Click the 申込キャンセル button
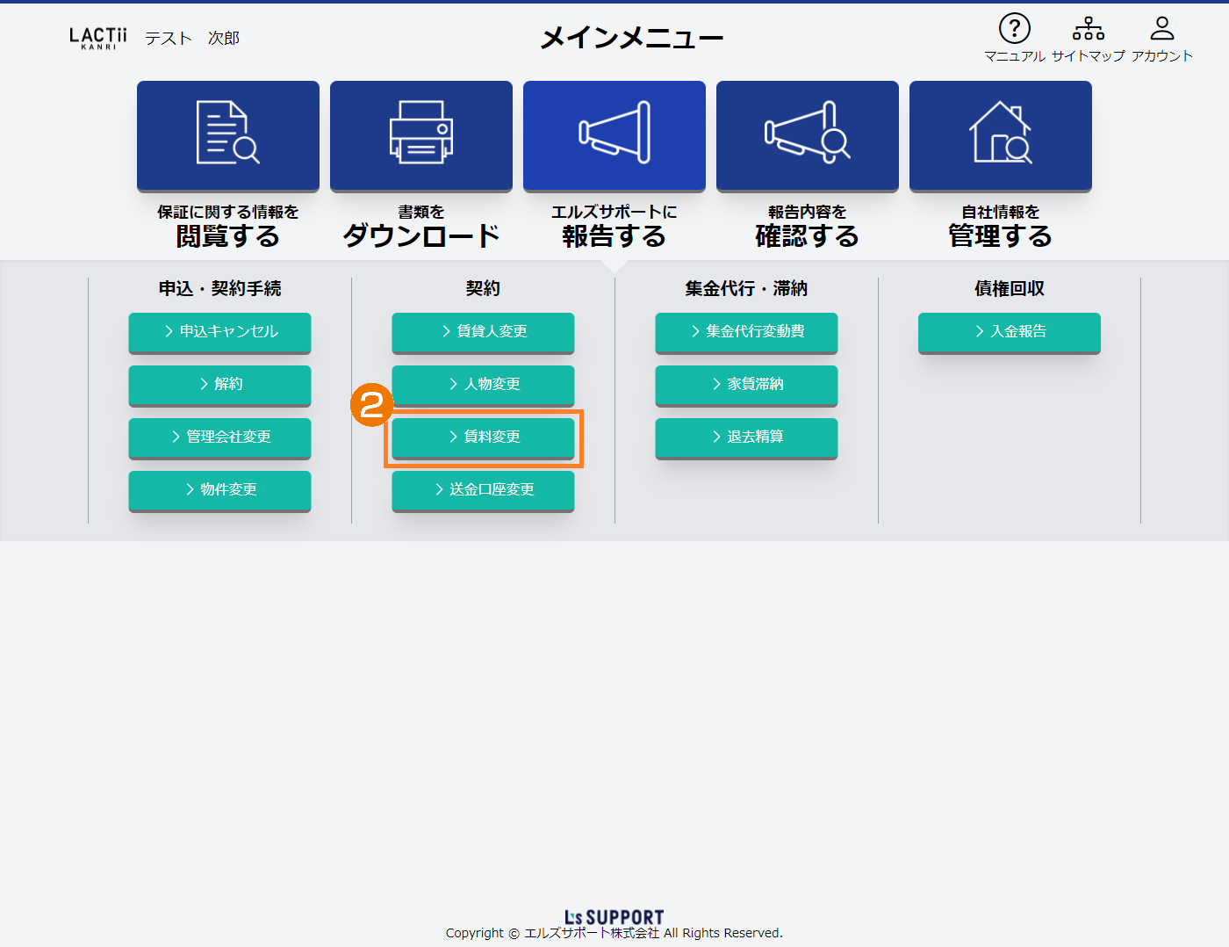(219, 332)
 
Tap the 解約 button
(219, 385)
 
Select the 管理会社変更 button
(219, 437)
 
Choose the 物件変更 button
(219, 490)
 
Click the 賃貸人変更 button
(483, 332)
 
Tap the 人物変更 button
(483, 385)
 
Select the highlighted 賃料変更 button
(483, 437)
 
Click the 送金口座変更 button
(483, 490)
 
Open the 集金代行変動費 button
(746, 332)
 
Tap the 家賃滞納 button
(746, 385)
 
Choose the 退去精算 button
(746, 437)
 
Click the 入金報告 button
(1009, 332)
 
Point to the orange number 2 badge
(371, 404)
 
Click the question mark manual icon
(1014, 28)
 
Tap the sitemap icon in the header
(1089, 28)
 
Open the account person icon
(1161, 28)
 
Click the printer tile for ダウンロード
(421, 136)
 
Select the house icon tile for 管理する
(1001, 136)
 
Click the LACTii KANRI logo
(97, 39)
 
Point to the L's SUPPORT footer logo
(614, 917)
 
